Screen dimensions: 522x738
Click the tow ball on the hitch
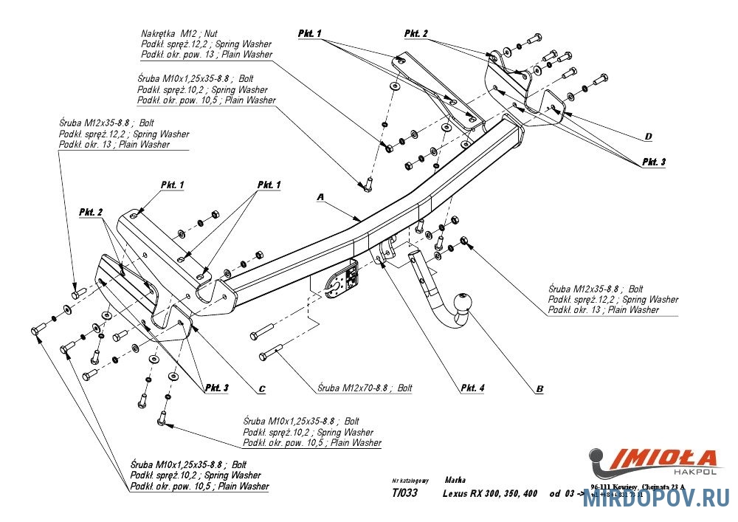pos(465,304)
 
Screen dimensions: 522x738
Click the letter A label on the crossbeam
pos(320,197)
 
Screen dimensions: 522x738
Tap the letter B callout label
pos(539,388)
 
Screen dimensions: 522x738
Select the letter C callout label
pos(262,388)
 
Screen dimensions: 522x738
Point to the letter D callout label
pos(648,137)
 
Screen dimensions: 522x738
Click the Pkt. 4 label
pos(472,387)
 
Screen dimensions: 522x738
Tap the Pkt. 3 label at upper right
pos(652,161)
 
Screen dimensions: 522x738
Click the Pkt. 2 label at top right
pos(416,34)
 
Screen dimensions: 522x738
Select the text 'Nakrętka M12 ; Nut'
pos(179,34)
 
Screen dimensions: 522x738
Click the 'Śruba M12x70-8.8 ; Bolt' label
pos(365,387)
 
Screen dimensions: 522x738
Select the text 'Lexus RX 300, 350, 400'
pos(490,494)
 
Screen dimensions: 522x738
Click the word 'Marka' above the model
pos(455,479)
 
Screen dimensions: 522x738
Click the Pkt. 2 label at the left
pos(91,212)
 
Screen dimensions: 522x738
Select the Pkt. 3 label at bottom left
pos(217,387)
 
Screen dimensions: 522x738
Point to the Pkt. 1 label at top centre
pos(310,34)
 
